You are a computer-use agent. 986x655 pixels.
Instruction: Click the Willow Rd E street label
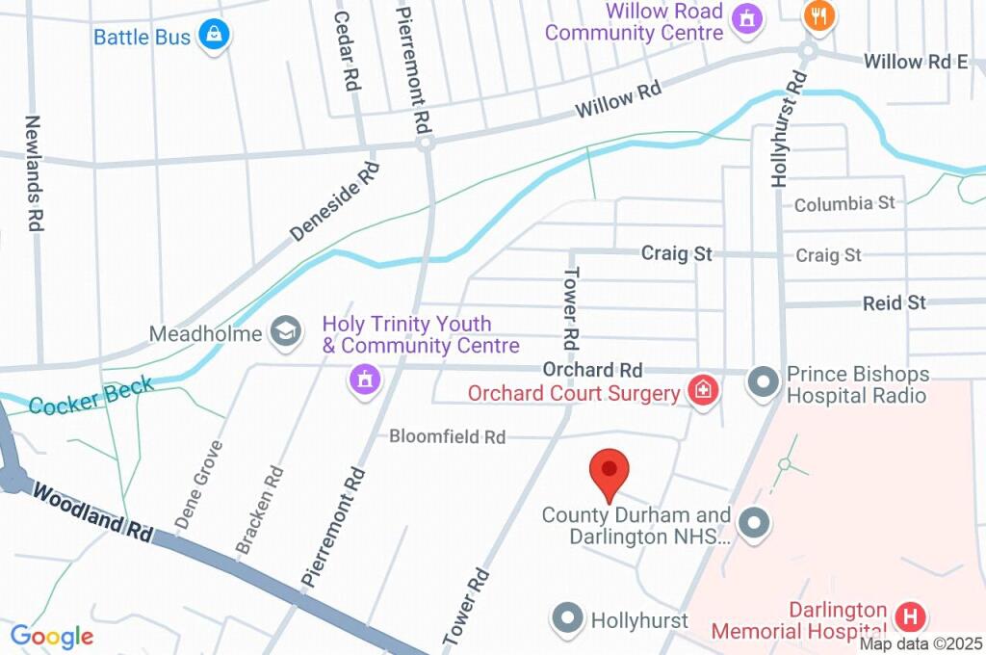(915, 62)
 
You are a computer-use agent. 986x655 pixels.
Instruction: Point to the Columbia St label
(844, 203)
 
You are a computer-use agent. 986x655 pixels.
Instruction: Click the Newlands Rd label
(34, 172)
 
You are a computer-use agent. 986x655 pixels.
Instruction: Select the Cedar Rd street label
(346, 50)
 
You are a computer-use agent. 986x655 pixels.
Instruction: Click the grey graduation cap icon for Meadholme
(284, 332)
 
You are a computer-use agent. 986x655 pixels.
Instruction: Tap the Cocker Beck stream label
(91, 396)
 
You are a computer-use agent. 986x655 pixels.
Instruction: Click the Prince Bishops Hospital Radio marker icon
(764, 382)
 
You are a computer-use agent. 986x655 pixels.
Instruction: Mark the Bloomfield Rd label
(447, 437)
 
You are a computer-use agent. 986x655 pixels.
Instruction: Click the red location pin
(609, 471)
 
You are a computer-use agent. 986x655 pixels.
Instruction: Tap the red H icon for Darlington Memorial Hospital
(909, 616)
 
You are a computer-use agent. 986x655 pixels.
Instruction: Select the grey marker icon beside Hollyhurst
(568, 618)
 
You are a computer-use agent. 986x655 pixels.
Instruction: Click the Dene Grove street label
(199, 485)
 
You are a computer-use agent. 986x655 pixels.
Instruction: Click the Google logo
(52, 636)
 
